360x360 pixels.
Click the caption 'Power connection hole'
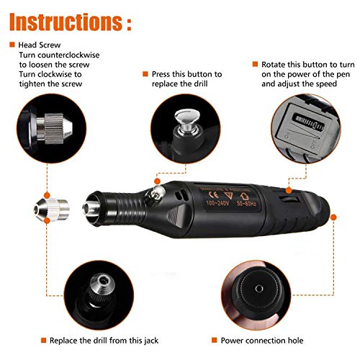267,340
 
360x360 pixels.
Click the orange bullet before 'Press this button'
145,74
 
